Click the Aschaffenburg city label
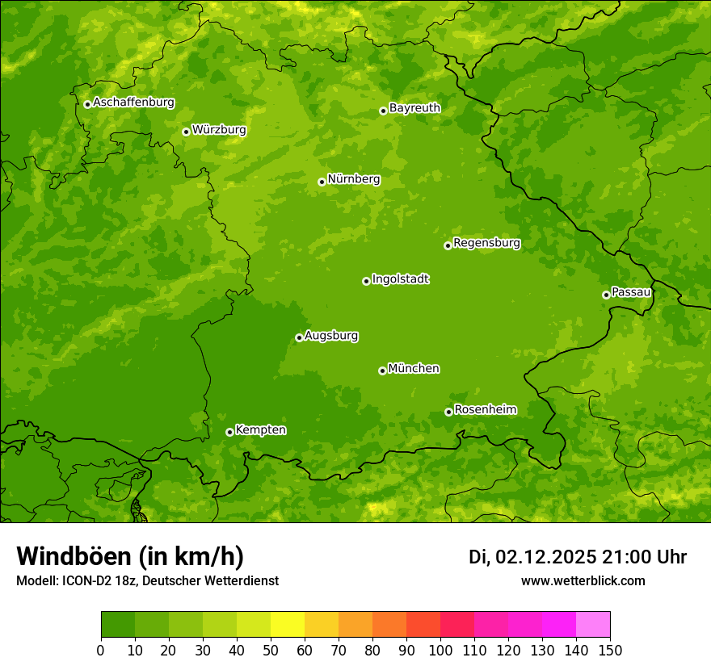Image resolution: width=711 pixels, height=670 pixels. [133, 103]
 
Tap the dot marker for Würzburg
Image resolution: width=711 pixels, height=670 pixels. [186, 132]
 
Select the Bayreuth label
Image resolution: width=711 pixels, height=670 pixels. [414, 108]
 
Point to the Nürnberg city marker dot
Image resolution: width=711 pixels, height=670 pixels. [322, 182]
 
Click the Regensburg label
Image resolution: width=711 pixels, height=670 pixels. [486, 243]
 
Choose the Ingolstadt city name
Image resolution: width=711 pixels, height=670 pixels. [400, 279]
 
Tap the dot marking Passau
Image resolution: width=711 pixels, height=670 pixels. [606, 295]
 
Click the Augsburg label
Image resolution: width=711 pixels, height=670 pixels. [331, 336]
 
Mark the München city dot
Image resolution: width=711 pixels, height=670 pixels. [382, 371]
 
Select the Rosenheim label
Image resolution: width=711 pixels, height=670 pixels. [485, 410]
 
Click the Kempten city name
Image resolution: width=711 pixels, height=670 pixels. [260, 430]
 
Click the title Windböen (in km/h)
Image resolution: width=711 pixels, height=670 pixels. [129, 556]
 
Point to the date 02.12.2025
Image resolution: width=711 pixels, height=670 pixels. [546, 557]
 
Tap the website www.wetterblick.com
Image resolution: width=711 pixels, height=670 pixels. [583, 581]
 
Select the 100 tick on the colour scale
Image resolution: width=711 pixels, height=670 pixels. [440, 650]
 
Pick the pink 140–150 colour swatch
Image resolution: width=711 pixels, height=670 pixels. [593, 625]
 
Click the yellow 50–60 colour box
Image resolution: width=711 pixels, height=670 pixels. [288, 625]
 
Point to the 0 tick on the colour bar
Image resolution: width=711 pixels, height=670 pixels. [101, 650]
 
